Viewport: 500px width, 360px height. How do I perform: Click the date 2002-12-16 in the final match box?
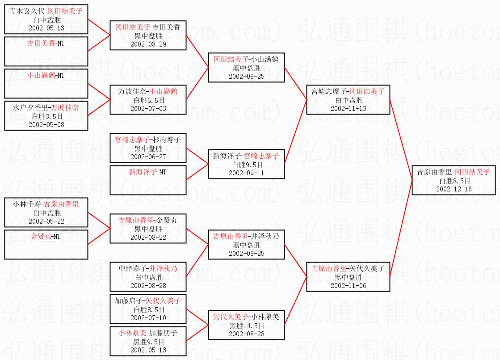[454, 189]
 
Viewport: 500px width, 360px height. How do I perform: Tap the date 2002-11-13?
[348, 109]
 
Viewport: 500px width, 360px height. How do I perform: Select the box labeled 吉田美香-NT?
[46, 51]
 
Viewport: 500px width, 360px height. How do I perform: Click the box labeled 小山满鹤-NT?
[46, 83]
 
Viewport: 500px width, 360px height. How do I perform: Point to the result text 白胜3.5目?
[46, 116]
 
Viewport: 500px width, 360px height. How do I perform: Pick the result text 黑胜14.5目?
[246, 326]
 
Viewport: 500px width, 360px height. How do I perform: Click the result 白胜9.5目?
[246, 165]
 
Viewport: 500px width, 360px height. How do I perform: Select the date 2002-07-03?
[148, 108]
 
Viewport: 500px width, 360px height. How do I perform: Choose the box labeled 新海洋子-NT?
[148, 180]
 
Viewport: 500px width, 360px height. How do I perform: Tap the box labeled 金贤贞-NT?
[46, 244]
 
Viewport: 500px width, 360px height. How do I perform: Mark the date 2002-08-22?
[148, 237]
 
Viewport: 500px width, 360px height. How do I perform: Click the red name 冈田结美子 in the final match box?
[473, 172]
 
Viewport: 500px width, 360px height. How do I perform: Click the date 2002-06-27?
[148, 157]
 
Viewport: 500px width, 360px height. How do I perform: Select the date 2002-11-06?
[348, 285]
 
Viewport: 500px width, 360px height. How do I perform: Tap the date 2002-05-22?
[46, 221]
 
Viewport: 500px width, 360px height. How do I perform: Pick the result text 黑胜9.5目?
[148, 342]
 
